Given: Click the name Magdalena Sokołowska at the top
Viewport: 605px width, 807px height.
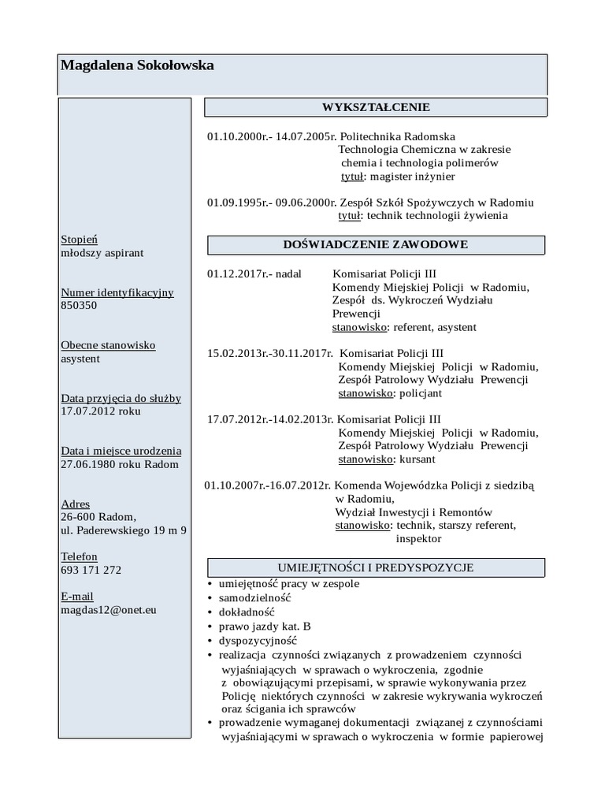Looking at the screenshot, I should pos(137,66).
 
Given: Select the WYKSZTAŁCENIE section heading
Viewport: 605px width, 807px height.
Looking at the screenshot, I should pos(376,107).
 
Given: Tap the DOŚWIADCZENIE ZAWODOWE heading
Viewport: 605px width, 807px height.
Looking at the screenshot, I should pos(376,245).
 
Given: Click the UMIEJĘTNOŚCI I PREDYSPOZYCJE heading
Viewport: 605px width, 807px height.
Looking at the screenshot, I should pos(376,567).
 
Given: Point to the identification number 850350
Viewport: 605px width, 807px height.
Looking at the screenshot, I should pos(79,306).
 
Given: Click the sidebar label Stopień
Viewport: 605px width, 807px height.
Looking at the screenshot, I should pos(80,240).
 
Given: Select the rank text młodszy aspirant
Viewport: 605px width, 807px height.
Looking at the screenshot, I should pos(102,253).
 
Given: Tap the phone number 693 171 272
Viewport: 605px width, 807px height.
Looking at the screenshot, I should pos(91,570).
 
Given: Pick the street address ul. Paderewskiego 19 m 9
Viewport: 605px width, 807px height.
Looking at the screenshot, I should pos(123,530).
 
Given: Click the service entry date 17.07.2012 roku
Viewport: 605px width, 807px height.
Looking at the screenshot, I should pos(101,411).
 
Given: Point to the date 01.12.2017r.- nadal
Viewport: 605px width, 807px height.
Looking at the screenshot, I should pos(254,274).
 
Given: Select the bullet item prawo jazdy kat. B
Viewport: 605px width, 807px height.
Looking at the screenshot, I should pos(265,627).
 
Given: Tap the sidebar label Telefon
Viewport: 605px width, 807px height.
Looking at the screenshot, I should pos(79,556).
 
